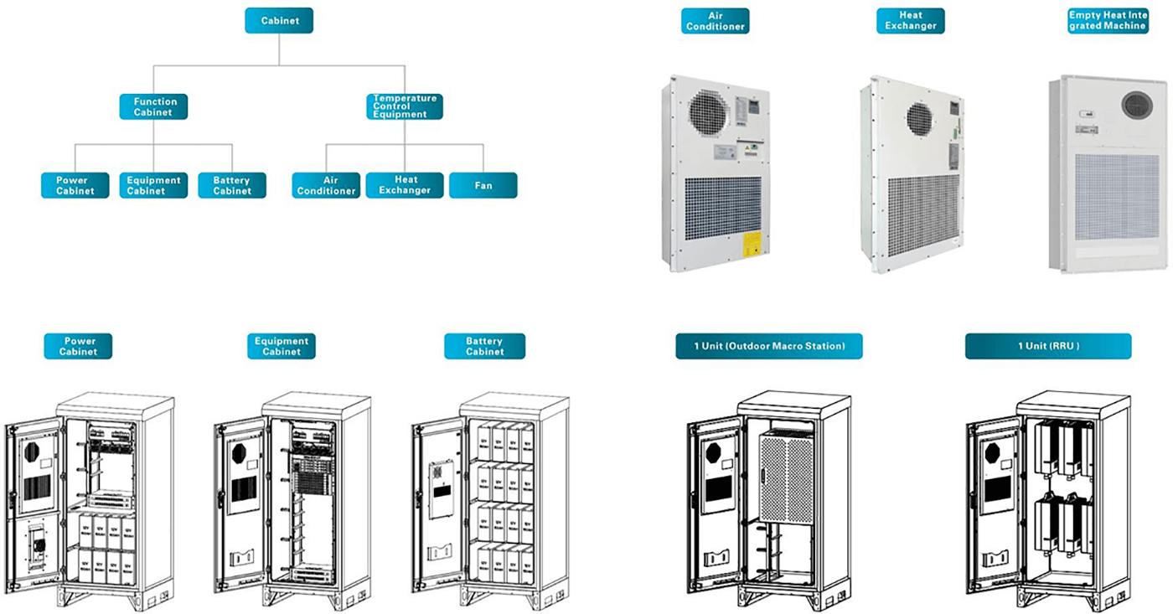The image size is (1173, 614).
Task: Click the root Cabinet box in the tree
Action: (x=279, y=21)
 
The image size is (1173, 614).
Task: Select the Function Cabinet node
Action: (x=153, y=106)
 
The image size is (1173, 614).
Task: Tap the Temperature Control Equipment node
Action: (x=405, y=106)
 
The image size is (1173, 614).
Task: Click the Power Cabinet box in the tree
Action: (x=75, y=185)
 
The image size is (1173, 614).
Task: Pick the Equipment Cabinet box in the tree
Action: (x=153, y=185)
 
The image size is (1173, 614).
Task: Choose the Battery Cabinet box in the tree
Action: (x=232, y=185)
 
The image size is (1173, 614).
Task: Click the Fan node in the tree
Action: (x=483, y=185)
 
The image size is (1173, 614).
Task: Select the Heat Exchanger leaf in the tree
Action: (x=405, y=185)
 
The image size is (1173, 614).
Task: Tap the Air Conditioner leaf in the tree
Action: (x=327, y=185)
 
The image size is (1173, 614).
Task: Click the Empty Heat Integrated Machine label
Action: (x=1107, y=21)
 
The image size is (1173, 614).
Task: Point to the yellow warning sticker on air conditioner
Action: (x=752, y=244)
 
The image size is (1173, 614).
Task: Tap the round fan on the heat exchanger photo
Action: (x=922, y=117)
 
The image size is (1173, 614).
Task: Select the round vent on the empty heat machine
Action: (x=1137, y=105)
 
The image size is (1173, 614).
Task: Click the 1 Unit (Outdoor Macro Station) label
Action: (x=769, y=346)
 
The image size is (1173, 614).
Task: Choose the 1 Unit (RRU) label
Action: (x=1048, y=346)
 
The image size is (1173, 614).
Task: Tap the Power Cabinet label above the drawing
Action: (x=78, y=346)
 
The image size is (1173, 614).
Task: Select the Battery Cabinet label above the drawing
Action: (x=484, y=346)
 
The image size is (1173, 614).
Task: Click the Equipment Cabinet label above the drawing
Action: (x=282, y=346)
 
